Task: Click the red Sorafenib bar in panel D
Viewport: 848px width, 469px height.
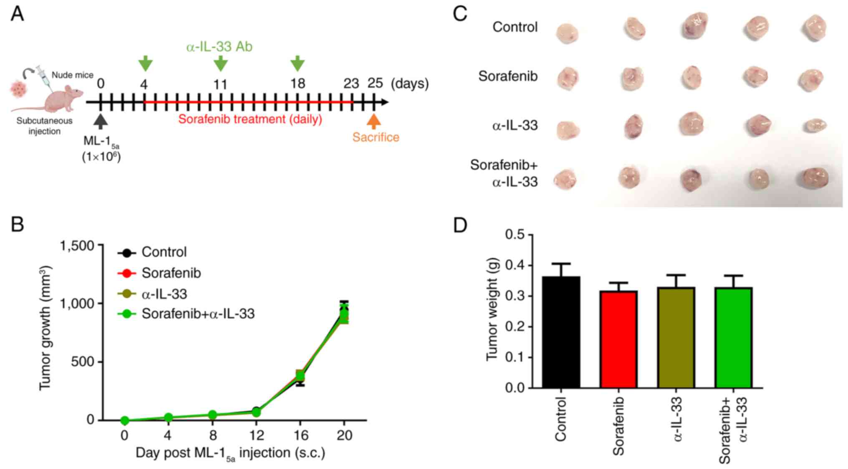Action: [618, 339]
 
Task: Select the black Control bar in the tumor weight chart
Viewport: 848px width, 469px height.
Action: [561, 332]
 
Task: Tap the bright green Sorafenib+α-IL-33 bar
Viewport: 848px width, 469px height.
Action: [733, 337]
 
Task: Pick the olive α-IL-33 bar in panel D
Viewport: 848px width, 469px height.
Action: [676, 337]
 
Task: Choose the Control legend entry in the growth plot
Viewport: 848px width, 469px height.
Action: [164, 252]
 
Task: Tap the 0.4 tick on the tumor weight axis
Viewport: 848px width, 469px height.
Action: [515, 265]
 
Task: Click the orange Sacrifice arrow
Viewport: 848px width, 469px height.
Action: [374, 121]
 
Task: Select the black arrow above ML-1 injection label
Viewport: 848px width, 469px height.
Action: [101, 122]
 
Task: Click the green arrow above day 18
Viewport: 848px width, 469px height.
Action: [298, 63]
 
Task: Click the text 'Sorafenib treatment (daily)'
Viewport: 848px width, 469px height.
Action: [250, 119]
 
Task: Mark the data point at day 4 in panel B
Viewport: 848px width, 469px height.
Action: [168, 417]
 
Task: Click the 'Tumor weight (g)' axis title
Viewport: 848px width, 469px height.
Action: [492, 309]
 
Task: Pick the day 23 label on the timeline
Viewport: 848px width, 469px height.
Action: [351, 84]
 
